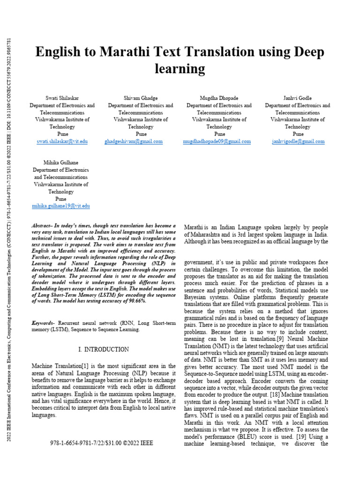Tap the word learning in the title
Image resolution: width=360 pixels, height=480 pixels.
pos(180,69)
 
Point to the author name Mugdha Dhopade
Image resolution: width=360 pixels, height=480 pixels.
pos(219,98)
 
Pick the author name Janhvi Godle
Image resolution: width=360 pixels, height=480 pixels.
pos(298,98)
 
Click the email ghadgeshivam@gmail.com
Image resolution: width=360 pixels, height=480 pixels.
pos(134,141)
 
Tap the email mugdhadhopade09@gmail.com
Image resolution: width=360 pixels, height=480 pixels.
pos(217,141)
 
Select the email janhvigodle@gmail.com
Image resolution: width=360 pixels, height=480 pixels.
pos(298,141)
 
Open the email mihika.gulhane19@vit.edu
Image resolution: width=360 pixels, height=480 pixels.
pos(61,206)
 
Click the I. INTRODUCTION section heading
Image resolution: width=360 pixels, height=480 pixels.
pos(103,349)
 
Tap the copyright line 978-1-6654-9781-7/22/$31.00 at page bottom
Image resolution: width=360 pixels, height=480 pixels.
pos(101,442)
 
